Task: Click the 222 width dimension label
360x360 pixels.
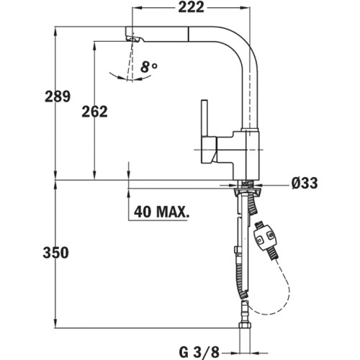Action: (x=191, y=7)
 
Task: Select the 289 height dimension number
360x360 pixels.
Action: (x=58, y=96)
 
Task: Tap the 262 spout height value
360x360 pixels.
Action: (x=94, y=112)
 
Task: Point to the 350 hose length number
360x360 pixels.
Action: (x=55, y=253)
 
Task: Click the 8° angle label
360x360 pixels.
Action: (x=149, y=67)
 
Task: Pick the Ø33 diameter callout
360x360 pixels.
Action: (x=305, y=183)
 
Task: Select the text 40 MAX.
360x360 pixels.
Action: (x=161, y=212)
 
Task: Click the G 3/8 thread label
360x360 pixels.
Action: (x=199, y=352)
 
